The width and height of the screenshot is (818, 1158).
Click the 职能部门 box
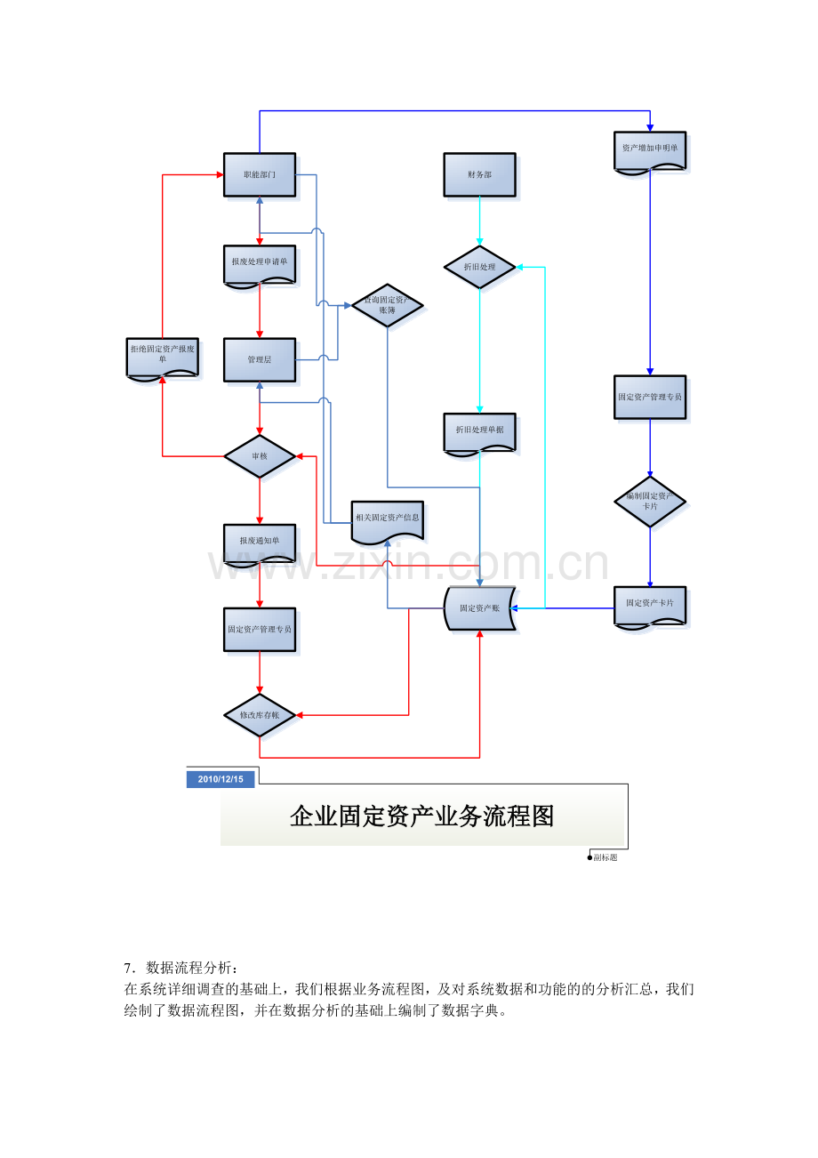tap(259, 174)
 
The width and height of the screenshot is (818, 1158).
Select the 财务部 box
tap(479, 174)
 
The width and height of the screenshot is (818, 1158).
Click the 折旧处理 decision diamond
tap(480, 267)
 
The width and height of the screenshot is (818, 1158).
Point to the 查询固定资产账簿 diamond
tap(387, 305)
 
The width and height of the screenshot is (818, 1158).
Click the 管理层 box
tap(259, 359)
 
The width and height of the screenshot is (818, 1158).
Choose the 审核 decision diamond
tap(259, 456)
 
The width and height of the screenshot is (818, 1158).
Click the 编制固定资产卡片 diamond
tap(650, 501)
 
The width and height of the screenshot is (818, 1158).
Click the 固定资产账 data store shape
tap(479, 608)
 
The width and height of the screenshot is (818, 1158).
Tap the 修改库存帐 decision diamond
tap(259, 715)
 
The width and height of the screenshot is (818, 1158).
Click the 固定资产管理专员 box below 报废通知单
tap(259, 629)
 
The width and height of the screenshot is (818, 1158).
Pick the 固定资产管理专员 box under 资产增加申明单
tap(650, 397)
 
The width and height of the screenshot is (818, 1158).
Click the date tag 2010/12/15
tap(221, 779)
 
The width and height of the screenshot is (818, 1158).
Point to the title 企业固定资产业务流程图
tap(421, 816)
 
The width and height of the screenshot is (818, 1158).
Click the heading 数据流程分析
tap(187, 968)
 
